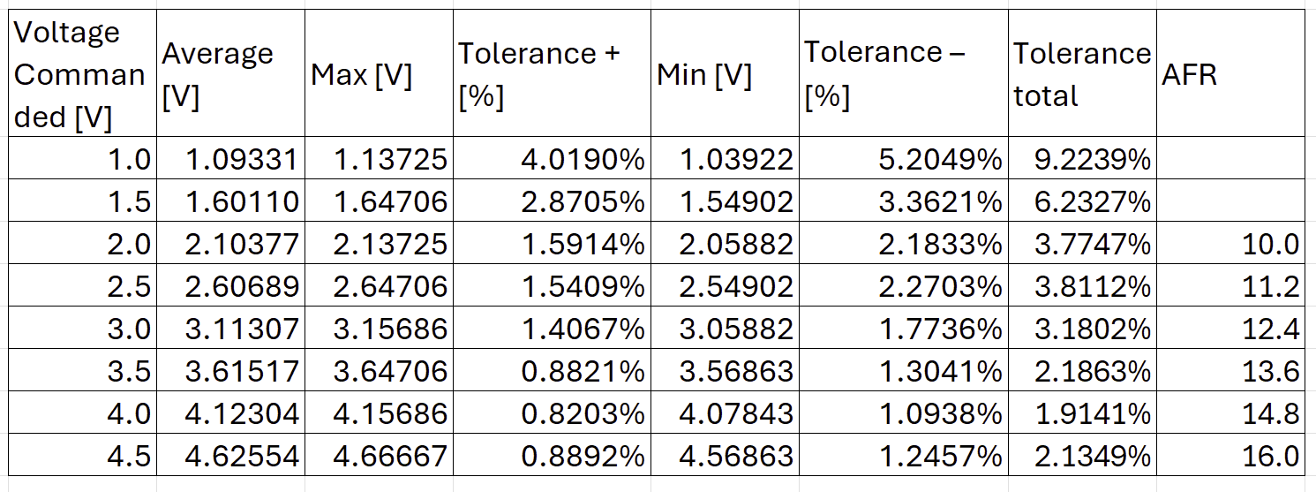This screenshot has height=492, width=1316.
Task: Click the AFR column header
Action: click(1189, 75)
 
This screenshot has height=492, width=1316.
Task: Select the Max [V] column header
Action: click(361, 76)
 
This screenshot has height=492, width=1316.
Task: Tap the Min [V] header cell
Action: click(703, 76)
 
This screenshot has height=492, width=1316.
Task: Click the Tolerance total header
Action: click(1082, 75)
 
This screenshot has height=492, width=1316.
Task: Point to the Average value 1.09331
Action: click(242, 159)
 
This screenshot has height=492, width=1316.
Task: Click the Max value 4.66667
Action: click(390, 456)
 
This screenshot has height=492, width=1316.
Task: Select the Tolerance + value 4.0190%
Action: click(583, 159)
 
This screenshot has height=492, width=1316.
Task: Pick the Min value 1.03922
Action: click(736, 159)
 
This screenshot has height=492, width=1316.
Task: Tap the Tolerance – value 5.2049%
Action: click(940, 159)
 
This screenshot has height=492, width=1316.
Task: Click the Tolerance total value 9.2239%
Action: click(1092, 159)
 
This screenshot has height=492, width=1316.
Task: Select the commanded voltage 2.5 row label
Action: click(129, 286)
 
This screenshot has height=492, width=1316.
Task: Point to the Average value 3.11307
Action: click(242, 329)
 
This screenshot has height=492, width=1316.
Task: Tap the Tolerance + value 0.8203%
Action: click(583, 413)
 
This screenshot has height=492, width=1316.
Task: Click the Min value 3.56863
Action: click(736, 371)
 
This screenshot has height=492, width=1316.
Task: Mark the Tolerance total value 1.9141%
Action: click(1092, 413)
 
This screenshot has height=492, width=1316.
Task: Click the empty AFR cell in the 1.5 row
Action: click(1230, 201)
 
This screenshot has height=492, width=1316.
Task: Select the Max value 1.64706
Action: click(390, 201)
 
